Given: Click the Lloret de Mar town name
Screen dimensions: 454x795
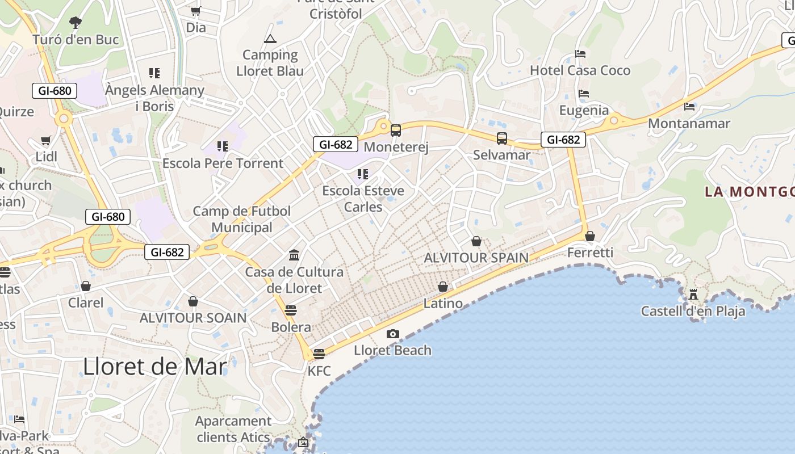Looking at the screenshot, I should pyautogui.click(x=155, y=367).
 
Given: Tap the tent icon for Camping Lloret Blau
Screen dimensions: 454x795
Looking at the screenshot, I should pyautogui.click(x=270, y=39).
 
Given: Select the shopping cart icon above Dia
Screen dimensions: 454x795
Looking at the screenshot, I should pyautogui.click(x=196, y=11).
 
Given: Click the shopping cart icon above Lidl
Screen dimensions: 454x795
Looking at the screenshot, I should pyautogui.click(x=46, y=140).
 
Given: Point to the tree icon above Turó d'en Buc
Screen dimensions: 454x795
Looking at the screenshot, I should pyautogui.click(x=75, y=23).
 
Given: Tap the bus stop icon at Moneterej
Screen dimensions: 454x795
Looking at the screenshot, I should pyautogui.click(x=396, y=131).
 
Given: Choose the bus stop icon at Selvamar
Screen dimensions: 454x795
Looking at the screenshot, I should pyautogui.click(x=502, y=138).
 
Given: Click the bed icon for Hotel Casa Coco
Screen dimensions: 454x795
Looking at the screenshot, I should pyautogui.click(x=580, y=54).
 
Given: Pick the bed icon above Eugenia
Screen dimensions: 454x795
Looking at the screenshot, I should pyautogui.click(x=584, y=94).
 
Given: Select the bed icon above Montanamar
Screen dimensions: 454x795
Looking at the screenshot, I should pyautogui.click(x=689, y=106).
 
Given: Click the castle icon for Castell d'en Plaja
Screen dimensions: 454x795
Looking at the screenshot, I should pyautogui.click(x=693, y=295).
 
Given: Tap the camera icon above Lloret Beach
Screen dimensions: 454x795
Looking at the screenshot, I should pyautogui.click(x=392, y=334).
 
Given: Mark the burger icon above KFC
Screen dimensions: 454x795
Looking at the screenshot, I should pyautogui.click(x=319, y=354).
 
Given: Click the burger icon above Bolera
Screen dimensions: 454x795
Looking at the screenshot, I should pyautogui.click(x=291, y=310).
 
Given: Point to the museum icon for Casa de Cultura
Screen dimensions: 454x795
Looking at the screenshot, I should pyautogui.click(x=294, y=255).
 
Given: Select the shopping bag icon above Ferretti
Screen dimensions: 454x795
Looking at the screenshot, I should pyautogui.click(x=590, y=236).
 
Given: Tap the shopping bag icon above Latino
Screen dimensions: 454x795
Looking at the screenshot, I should pyautogui.click(x=443, y=287).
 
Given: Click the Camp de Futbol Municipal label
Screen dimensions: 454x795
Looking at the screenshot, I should pyautogui.click(x=242, y=219).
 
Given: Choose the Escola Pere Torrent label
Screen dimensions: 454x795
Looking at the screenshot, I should pyautogui.click(x=223, y=163).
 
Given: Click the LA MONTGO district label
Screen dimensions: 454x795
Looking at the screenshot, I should pyautogui.click(x=749, y=192).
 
